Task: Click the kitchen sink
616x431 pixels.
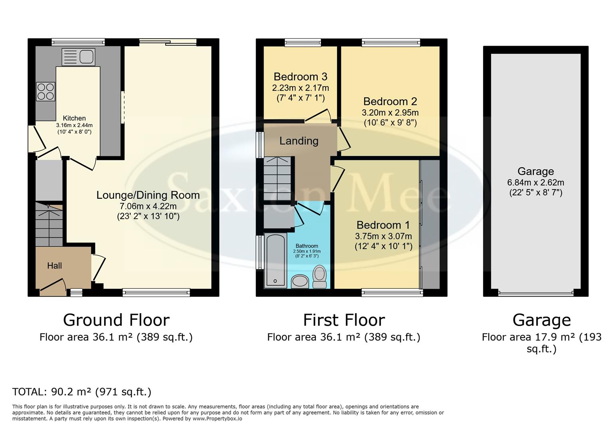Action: (78, 57)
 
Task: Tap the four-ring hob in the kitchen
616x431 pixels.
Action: (46, 91)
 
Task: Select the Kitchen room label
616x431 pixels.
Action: (74, 118)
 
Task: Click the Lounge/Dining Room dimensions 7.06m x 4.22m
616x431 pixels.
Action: (148, 206)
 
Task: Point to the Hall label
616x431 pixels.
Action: (55, 266)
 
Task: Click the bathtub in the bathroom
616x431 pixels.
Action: (275, 260)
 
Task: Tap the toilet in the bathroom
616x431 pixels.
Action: (319, 277)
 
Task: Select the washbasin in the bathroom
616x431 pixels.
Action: (300, 281)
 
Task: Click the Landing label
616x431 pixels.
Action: (299, 141)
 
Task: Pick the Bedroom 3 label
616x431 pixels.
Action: (301, 77)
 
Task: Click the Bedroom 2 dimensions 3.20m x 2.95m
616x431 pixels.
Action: (390, 113)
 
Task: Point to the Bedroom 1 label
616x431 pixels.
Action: (383, 225)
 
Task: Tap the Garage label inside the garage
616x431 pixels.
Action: (535, 172)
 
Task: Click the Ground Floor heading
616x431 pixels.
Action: (116, 320)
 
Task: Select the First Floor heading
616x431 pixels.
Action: (344, 320)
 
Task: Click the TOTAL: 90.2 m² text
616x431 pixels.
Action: (82, 392)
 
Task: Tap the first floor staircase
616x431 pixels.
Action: (277, 179)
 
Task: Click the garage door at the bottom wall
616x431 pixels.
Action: (536, 293)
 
